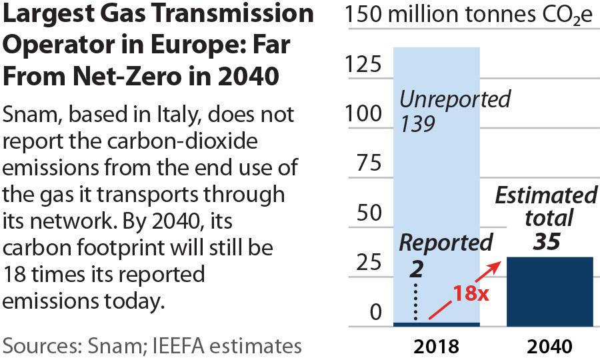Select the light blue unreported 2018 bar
436,173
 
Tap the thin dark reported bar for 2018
436,325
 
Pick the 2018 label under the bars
436,347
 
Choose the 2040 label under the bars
549,347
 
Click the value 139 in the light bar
417,125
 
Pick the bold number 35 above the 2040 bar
547,241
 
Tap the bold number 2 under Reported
417,269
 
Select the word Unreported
454,100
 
